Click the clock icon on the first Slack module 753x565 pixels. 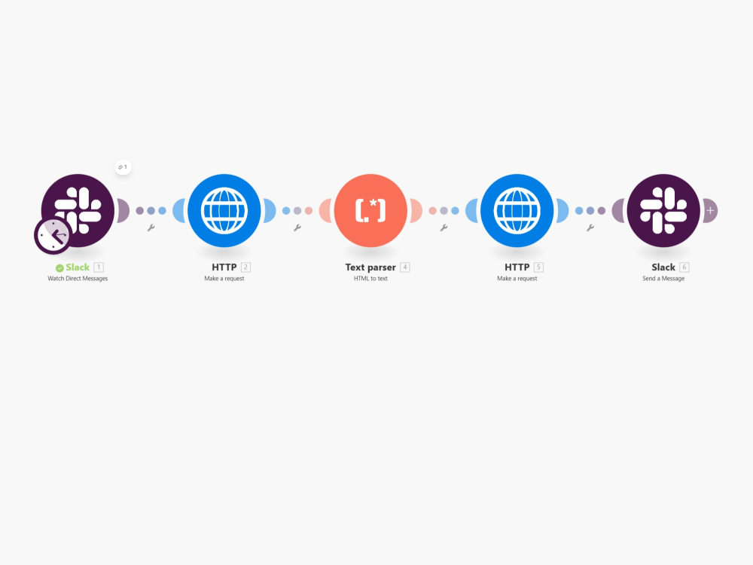pos(53,235)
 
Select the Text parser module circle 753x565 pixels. pos(370,210)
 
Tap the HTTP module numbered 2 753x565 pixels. pos(224,210)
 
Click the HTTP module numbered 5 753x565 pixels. pos(517,210)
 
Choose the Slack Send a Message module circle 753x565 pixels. pos(663,210)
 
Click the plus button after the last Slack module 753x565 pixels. pos(710,210)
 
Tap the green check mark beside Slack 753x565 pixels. pos(59,268)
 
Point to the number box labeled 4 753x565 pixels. pos(405,267)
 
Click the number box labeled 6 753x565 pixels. pos(684,267)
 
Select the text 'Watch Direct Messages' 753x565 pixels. pos(78,279)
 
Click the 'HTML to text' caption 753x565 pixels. pos(370,279)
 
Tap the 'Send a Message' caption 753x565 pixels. pos(663,279)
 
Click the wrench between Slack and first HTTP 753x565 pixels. pos(151,228)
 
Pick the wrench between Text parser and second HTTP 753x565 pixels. pos(444,228)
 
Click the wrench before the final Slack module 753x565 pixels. pos(590,228)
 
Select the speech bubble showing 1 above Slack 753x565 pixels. pos(123,167)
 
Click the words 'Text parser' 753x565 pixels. pos(370,267)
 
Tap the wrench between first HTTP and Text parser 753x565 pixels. pos(297,228)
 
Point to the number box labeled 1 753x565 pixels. pos(99,267)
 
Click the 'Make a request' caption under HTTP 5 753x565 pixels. pos(517,279)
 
